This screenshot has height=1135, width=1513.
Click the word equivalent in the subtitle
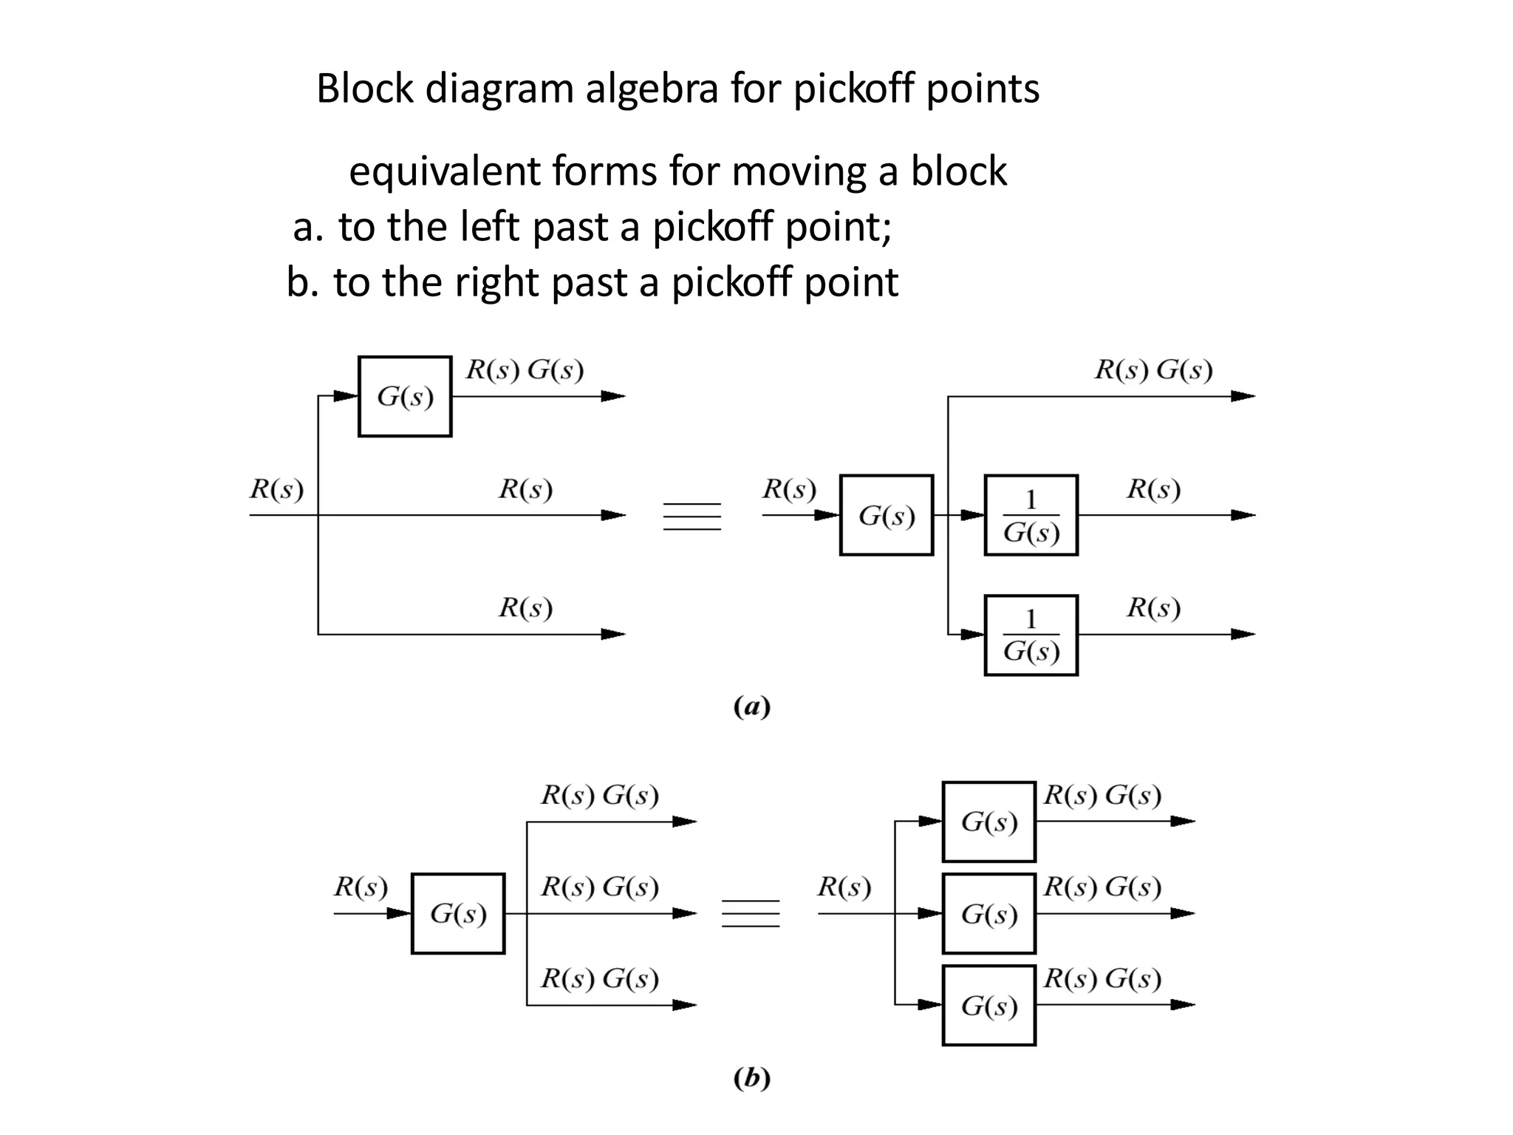pos(445,171)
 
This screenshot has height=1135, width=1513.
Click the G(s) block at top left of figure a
pos(405,397)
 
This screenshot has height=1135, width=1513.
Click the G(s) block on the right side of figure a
pos(887,515)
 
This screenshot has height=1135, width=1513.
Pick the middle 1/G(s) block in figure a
pos(1031,516)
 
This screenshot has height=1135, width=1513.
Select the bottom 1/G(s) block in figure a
pos(1031,635)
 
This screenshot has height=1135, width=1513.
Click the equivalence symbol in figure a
pos(692,516)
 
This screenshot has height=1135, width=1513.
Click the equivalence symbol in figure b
pos(751,914)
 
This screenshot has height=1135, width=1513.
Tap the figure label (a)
pos(752,707)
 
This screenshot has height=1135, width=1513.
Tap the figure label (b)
pos(752,1078)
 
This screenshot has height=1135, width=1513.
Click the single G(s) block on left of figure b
pos(458,914)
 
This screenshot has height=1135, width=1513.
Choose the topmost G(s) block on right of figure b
pos(989,822)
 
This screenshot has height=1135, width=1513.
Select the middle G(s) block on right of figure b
pos(989,914)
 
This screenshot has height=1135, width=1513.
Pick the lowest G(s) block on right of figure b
pos(989,1006)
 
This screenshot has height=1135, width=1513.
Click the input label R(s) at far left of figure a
pos(276,489)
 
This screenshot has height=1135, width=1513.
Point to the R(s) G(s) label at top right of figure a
pos(1153,369)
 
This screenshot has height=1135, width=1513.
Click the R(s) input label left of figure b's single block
pos(361,886)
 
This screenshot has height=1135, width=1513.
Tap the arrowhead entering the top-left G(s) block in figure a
pos(346,396)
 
